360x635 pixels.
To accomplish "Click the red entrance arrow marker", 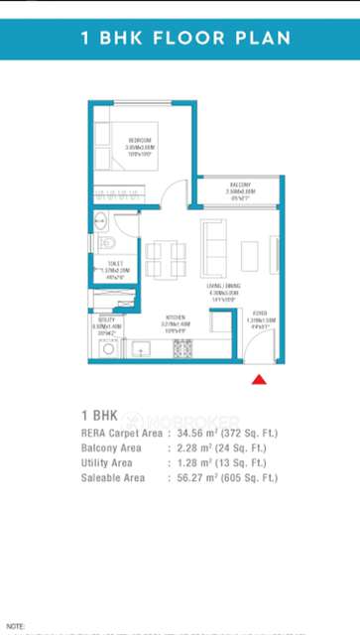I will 259,379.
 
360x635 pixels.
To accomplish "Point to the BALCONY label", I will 240,186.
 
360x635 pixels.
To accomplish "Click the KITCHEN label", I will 176,319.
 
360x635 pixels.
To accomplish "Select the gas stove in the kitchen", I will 182,349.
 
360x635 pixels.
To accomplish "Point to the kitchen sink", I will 141,349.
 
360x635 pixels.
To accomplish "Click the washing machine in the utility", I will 107,349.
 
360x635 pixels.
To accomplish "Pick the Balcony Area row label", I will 111,448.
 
